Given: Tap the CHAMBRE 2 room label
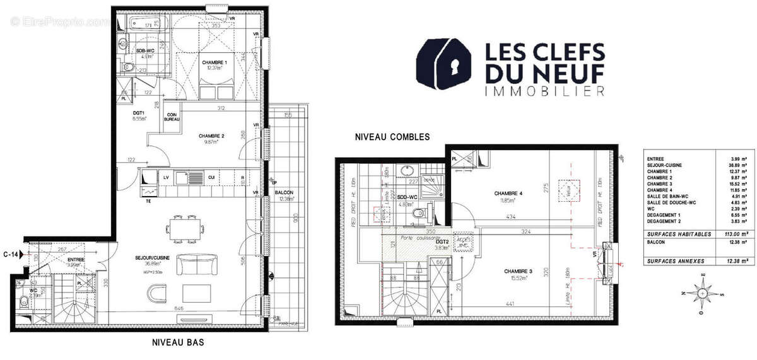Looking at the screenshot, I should point(212,136).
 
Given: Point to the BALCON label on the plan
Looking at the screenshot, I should point(283,193).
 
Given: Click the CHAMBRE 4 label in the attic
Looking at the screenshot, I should point(507,193).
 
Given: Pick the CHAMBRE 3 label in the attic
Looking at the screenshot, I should point(519,272).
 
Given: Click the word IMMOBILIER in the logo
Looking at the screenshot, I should point(544,92).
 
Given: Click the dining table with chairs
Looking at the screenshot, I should point(187,224).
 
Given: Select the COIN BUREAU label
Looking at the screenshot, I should point(172,117).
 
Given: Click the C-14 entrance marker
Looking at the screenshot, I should point(11,254).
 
